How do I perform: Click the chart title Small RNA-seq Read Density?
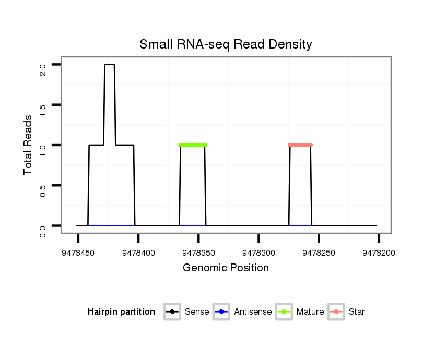pyautogui.click(x=226, y=44)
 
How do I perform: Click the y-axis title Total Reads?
pyautogui.click(x=28, y=145)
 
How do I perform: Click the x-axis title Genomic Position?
pyautogui.click(x=226, y=268)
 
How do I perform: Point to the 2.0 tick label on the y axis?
pyautogui.click(x=43, y=69)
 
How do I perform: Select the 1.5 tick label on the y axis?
pyautogui.click(x=43, y=110)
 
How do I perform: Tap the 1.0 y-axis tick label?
pyautogui.click(x=43, y=150)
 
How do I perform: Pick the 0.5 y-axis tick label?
pyautogui.click(x=43, y=190)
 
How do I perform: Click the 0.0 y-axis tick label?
pyautogui.click(x=43, y=230)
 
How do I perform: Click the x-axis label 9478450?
pyautogui.click(x=78, y=253)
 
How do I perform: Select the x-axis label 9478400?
pyautogui.click(x=138, y=253)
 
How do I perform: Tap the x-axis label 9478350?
pyautogui.click(x=198, y=253)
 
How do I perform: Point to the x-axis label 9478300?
pyautogui.click(x=258, y=253)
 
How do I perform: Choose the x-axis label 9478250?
pyautogui.click(x=319, y=253)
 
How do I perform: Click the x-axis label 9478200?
pyautogui.click(x=379, y=253)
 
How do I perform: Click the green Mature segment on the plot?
pyautogui.click(x=193, y=145)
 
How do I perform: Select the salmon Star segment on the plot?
pyautogui.click(x=300, y=145)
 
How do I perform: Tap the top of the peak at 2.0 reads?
pyautogui.click(x=109, y=65)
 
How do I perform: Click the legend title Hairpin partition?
pyautogui.click(x=121, y=312)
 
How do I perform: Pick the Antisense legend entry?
pyautogui.click(x=253, y=312)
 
